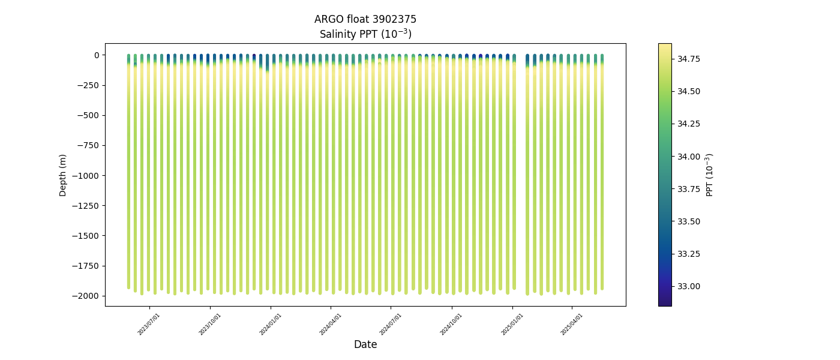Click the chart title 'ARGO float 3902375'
click(x=365, y=19)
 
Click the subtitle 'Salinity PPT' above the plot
click(x=365, y=34)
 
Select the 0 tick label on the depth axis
click(x=97, y=55)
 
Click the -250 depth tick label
click(x=91, y=85)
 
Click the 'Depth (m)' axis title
click(x=63, y=175)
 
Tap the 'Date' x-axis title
click(x=365, y=344)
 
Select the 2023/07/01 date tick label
click(x=149, y=323)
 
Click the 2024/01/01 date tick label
click(x=271, y=323)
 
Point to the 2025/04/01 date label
click(x=572, y=323)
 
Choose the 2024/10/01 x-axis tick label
click(x=452, y=323)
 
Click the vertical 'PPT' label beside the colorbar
click(x=709, y=175)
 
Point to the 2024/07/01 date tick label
click(x=391, y=323)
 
